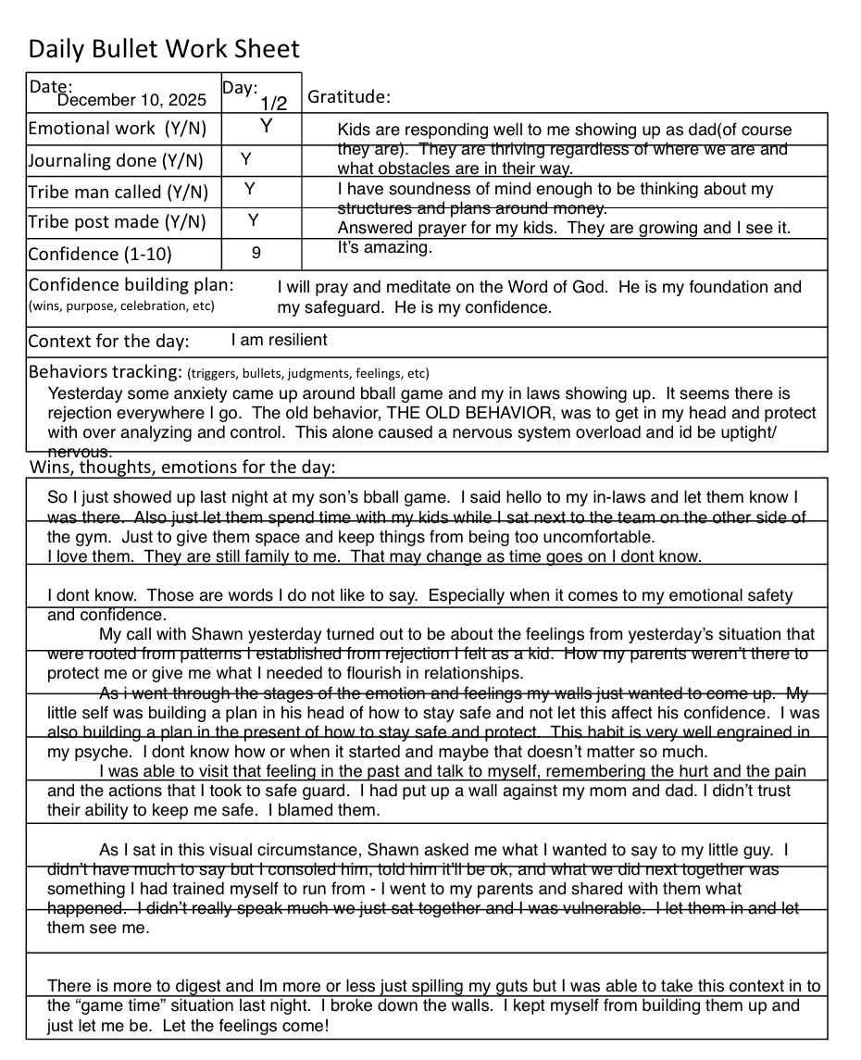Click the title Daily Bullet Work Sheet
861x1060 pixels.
164,49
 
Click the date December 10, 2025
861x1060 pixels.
131,100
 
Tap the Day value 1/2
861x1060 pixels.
273,104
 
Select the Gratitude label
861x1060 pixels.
348,97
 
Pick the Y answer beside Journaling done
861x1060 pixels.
246,159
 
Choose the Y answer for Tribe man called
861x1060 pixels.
249,190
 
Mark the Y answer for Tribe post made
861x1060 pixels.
254,220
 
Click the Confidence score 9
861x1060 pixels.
256,252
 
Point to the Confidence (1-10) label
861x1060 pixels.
100,254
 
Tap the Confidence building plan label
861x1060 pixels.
131,285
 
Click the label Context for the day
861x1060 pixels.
108,341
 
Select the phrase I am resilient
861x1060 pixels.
279,340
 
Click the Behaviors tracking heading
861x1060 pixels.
105,372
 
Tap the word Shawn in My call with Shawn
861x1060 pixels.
217,635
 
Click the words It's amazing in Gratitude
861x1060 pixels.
384,247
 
